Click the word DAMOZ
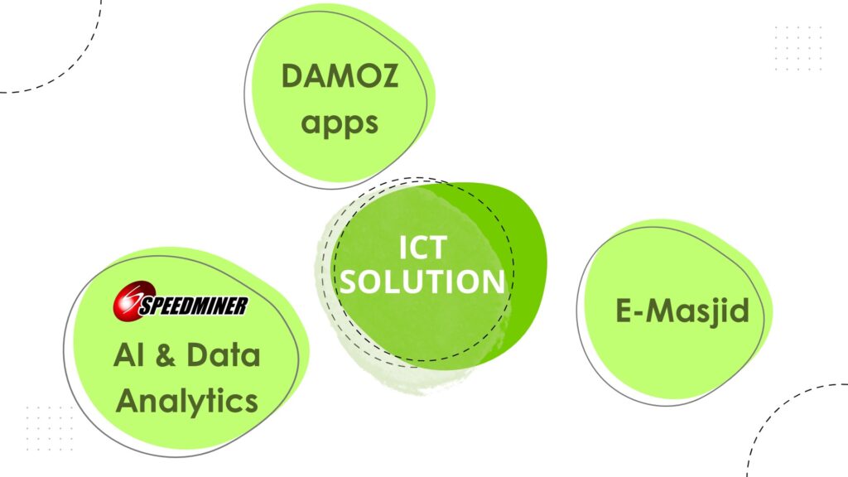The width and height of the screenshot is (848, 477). pos(340,77)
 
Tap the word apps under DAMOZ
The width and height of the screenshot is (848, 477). pos(340,123)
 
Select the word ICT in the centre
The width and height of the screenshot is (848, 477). pos(423,248)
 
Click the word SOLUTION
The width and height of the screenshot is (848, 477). pos(423,282)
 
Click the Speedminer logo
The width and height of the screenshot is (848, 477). pos(181,305)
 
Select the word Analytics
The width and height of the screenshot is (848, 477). pos(187,402)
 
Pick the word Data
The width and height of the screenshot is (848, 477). pos(223,355)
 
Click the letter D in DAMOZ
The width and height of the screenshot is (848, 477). pos(292,77)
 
